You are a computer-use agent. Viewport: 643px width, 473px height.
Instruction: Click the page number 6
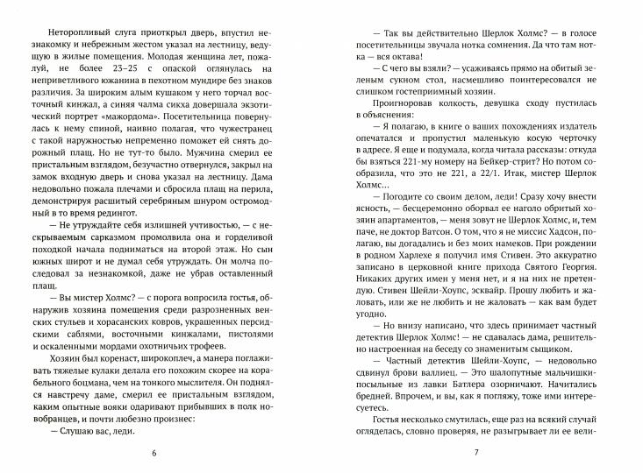pos(154,452)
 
